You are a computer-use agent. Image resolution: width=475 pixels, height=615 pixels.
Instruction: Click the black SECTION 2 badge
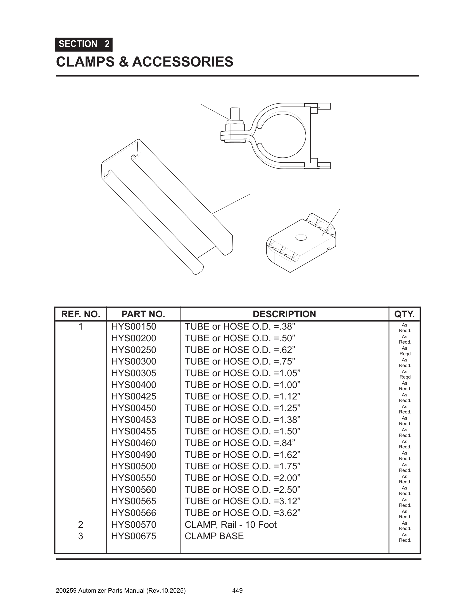(x=84, y=44)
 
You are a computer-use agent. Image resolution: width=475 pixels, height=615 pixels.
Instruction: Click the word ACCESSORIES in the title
(x=183, y=62)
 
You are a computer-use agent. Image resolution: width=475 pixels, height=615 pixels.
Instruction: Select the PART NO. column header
(x=143, y=314)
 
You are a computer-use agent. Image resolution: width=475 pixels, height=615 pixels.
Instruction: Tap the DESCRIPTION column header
(x=284, y=314)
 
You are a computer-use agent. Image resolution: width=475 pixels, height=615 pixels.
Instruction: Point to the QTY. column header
(x=404, y=314)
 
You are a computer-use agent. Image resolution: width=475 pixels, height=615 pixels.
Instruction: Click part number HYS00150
(x=134, y=327)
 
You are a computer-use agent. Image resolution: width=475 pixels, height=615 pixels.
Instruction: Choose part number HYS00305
(x=134, y=373)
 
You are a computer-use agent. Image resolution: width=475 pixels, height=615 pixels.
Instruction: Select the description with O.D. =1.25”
(x=243, y=408)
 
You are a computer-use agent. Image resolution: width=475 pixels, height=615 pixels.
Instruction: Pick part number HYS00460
(x=134, y=443)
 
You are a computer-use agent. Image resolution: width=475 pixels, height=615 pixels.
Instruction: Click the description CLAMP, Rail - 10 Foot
(x=231, y=525)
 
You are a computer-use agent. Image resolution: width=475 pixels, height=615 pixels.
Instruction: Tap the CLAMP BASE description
(x=214, y=536)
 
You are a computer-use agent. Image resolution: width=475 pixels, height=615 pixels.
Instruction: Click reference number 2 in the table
(x=80, y=525)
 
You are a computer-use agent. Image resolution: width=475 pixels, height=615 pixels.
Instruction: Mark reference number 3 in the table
(x=80, y=536)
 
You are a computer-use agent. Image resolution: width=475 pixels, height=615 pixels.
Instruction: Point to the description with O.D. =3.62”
(x=243, y=513)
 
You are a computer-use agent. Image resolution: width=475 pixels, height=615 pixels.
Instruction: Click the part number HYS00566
(x=134, y=513)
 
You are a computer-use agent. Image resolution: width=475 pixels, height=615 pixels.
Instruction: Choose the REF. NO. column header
(x=80, y=314)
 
